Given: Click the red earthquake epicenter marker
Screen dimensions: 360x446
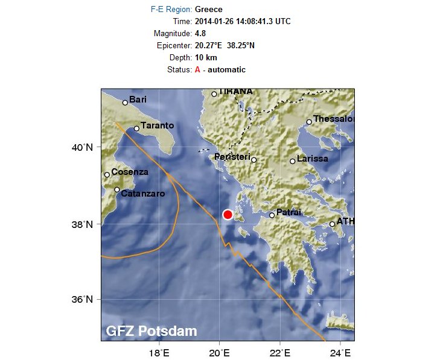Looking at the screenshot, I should (x=228, y=215).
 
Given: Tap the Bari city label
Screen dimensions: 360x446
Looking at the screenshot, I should (x=138, y=99).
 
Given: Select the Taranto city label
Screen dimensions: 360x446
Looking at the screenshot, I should (x=157, y=125).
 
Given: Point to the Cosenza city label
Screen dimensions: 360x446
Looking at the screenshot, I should (x=130, y=172).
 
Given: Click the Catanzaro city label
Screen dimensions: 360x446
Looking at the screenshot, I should (x=143, y=194).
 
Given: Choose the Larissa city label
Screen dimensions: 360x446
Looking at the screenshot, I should (x=313, y=159).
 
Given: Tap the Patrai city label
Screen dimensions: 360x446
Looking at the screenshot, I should (x=288, y=212).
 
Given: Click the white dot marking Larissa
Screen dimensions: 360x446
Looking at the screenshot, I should (x=292, y=161).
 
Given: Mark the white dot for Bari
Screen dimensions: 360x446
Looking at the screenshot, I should (x=125, y=103).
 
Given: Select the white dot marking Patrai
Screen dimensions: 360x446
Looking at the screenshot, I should (x=272, y=215).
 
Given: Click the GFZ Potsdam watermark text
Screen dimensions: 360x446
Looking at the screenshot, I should (x=151, y=331).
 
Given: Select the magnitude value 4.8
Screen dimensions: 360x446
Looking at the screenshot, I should (x=200, y=33).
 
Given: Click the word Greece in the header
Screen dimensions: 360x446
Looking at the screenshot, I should (x=208, y=9).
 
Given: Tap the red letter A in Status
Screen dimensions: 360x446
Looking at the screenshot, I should (x=197, y=69).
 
